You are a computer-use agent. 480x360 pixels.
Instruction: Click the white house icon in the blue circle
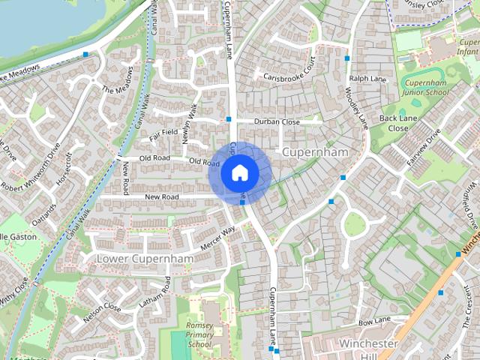click(x=239, y=172)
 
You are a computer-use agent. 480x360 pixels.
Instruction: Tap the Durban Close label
click(x=277, y=121)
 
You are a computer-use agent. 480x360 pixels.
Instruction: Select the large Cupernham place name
click(x=316, y=152)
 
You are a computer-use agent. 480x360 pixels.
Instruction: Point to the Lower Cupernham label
click(x=145, y=259)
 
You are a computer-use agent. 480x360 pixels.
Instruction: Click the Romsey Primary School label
click(x=199, y=334)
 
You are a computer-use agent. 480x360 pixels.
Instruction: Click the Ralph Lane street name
click(x=367, y=77)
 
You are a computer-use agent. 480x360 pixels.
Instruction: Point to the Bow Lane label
click(x=374, y=322)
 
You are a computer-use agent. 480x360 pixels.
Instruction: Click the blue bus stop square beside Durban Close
click(x=229, y=119)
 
